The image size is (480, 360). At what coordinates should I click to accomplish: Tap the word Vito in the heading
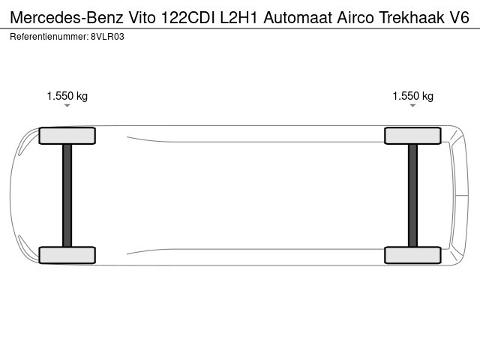click(142, 17)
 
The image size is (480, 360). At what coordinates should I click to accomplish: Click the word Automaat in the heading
click(298, 17)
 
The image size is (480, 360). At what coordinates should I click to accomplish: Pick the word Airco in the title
click(355, 17)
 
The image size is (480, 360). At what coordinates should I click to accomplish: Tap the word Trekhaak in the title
click(412, 17)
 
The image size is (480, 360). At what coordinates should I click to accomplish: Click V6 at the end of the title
click(459, 17)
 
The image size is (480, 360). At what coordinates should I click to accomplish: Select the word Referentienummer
click(49, 37)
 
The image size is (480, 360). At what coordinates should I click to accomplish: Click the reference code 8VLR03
click(107, 37)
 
